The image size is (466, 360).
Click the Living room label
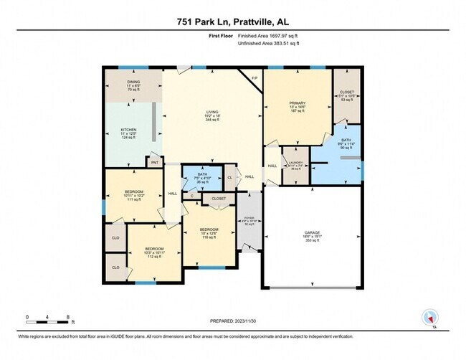(212, 113)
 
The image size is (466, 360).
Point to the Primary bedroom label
(298, 104)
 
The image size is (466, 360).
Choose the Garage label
(311, 234)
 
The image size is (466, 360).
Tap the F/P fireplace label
(254, 77)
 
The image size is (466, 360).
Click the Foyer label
(249, 219)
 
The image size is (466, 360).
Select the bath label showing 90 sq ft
(346, 141)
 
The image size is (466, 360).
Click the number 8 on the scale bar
(67, 316)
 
